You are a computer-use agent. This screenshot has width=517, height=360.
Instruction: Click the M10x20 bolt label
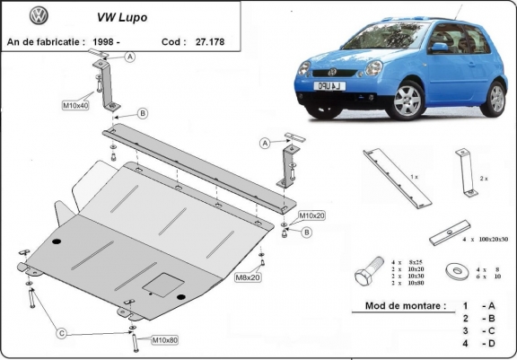[312, 216]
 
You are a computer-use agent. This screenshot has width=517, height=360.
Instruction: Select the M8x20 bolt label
[248, 277]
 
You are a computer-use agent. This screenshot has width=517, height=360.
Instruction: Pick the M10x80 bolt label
[164, 340]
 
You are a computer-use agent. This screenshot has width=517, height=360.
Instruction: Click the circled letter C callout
[61, 335]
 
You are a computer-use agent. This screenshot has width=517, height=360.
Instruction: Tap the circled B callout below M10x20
[305, 233]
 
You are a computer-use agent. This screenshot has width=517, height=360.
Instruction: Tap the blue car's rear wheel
[494, 96]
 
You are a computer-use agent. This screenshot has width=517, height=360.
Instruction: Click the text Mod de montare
[405, 306]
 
